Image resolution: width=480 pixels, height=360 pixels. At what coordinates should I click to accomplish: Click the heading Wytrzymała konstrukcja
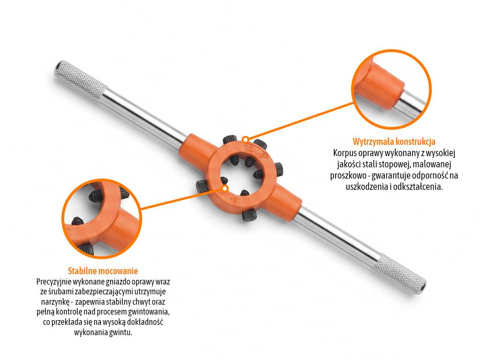click(394, 142)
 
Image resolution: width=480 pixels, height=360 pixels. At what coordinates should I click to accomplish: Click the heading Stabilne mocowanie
click(103, 271)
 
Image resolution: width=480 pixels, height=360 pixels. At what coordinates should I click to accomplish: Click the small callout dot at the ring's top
click(245, 140)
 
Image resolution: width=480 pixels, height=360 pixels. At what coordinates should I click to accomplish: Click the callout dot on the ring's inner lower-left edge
click(225, 188)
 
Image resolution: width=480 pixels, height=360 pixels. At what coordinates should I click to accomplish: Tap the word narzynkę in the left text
click(57, 302)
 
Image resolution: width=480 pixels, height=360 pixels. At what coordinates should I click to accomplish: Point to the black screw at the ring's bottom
click(247, 215)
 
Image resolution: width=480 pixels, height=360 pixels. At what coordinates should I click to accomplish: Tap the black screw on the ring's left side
click(201, 187)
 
